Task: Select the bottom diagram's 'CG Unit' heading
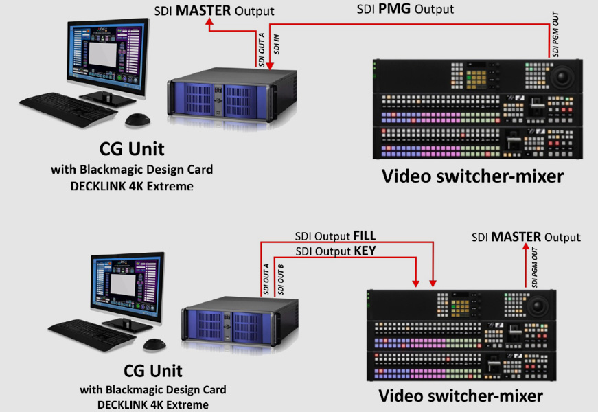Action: [x=152, y=371]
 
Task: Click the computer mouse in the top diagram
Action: [x=137, y=119]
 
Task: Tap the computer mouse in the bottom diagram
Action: [x=155, y=345]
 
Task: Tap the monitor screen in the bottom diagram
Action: [x=126, y=280]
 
